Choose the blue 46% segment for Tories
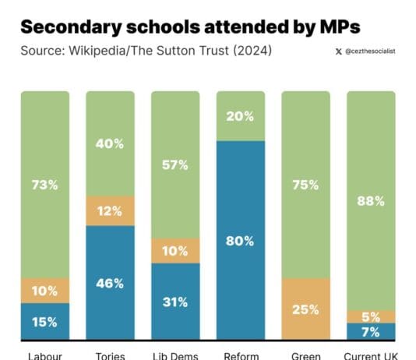(x=110, y=283)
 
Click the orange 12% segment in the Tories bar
(x=110, y=210)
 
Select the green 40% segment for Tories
(x=110, y=143)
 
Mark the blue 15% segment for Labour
(x=44, y=321)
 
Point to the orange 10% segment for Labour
(x=44, y=291)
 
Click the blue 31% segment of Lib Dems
(x=175, y=302)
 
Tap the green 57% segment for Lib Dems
(x=175, y=164)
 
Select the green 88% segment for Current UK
(x=371, y=200)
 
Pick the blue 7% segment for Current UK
(x=371, y=332)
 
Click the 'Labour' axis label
(x=44, y=355)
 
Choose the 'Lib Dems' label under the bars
(x=175, y=355)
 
